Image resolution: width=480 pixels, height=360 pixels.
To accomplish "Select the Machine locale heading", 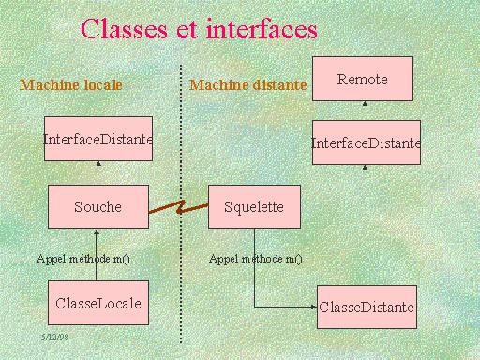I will [x=71, y=85].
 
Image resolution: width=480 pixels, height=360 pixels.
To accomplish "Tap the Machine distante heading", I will [x=247, y=85].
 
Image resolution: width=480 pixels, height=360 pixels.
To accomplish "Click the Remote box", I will [x=362, y=79].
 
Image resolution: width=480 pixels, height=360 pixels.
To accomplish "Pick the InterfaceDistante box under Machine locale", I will [x=97, y=139].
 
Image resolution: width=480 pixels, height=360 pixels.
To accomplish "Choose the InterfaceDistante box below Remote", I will [x=367, y=143].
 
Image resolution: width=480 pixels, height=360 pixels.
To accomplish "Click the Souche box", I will [x=97, y=206].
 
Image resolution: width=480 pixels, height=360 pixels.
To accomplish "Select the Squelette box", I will [x=254, y=206].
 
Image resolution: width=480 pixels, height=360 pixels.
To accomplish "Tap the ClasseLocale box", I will [x=97, y=303].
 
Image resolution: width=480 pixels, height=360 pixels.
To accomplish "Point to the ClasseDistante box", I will [x=366, y=307].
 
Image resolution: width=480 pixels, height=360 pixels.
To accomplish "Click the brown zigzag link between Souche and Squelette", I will [x=178, y=207].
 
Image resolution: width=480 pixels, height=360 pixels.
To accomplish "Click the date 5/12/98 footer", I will [x=55, y=335].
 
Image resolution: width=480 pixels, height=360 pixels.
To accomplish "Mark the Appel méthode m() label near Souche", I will [x=83, y=258].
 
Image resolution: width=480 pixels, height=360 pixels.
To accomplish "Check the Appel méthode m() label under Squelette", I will [x=256, y=258].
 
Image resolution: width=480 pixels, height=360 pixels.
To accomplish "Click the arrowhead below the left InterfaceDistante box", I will [x=97, y=162].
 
